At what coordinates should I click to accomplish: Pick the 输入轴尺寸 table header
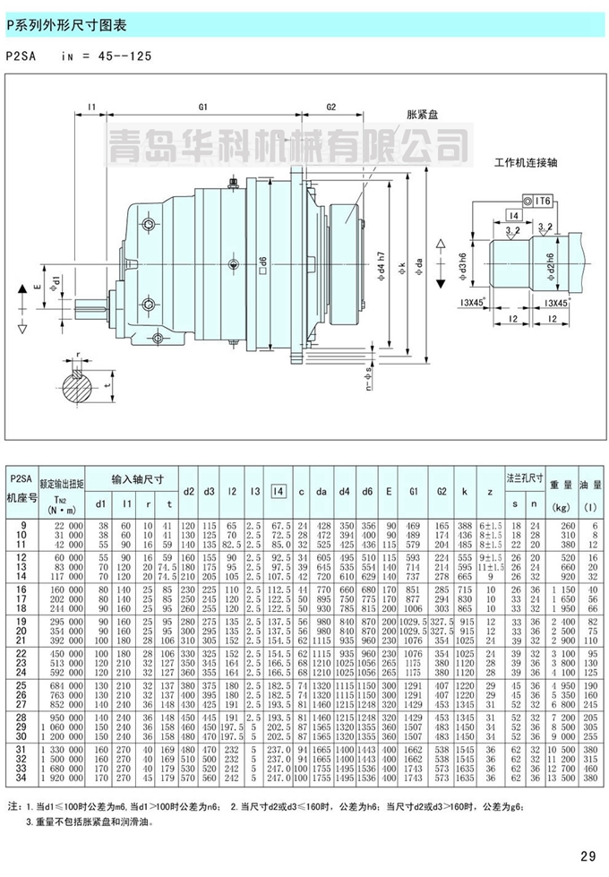pyautogui.click(x=134, y=477)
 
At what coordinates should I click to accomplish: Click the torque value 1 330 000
pyautogui.click(x=64, y=747)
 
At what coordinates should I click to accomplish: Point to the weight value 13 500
pyautogui.click(x=566, y=779)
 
